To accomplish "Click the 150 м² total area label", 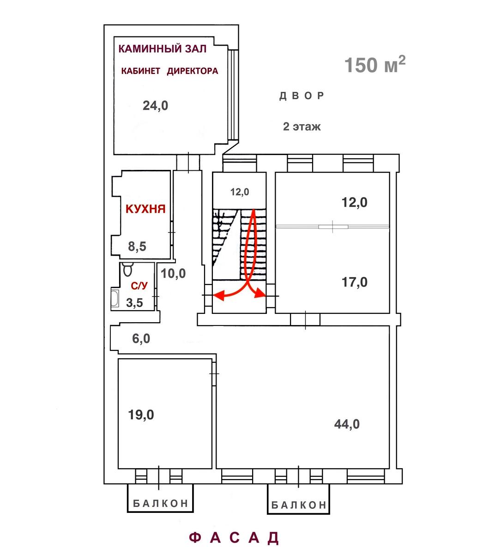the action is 374,64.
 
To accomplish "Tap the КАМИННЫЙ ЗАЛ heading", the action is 163,48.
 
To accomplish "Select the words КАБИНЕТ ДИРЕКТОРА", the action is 169,71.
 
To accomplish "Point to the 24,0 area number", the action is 155,106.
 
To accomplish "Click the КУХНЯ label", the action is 145,209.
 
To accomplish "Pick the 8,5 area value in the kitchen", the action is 137,246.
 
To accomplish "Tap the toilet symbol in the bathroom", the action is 127,269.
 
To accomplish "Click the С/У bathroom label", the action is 139,286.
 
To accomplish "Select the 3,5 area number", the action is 134,303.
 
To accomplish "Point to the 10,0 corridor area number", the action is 173,273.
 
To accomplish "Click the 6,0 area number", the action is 141,338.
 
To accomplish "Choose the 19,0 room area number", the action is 141,415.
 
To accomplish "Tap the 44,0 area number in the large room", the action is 347,424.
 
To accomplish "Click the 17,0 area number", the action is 355,282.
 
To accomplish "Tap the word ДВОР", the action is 302,96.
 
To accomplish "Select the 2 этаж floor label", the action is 302,126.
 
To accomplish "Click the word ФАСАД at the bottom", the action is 234,537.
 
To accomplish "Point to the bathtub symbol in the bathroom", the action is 115,298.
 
